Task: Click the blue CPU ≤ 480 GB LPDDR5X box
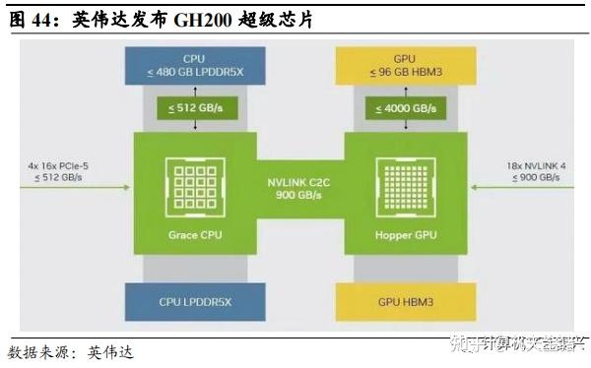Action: pos(193,65)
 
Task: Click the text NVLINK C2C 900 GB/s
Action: pos(299,187)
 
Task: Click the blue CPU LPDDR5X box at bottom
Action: pos(193,302)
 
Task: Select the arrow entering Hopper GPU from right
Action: pos(507,184)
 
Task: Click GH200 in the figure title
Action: pos(205,19)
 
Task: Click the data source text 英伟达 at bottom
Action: pos(109,351)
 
